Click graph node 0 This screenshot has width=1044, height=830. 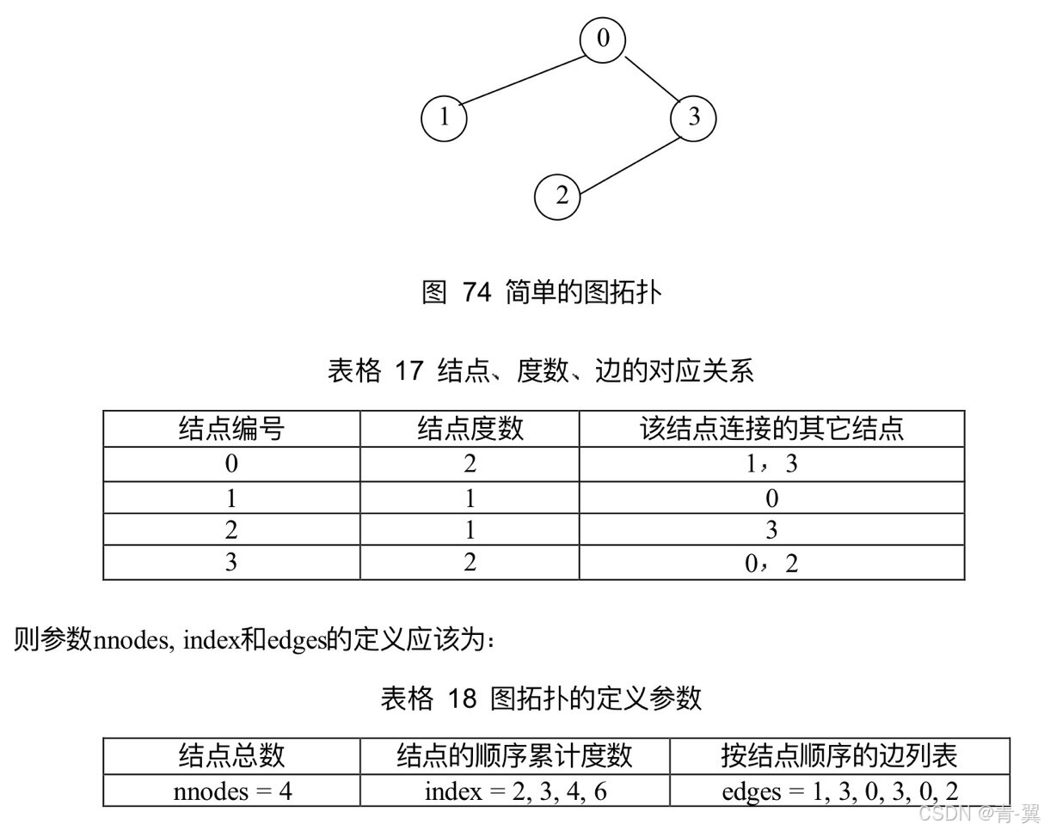point(602,40)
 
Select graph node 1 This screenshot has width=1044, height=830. point(444,118)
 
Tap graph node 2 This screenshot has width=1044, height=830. point(557,197)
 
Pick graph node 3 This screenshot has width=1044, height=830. point(693,117)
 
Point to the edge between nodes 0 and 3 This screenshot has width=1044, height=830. point(648,79)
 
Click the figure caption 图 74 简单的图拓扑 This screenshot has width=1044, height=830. point(541,292)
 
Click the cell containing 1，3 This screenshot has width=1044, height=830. point(771,464)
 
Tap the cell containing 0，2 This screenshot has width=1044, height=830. point(771,563)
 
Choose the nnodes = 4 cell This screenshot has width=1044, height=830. point(232,790)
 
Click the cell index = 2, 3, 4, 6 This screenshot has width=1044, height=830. point(514,790)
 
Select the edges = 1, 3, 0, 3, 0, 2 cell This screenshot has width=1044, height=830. point(839,790)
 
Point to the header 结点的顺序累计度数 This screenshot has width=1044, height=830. point(514,756)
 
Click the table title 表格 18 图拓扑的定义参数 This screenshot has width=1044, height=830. point(541,698)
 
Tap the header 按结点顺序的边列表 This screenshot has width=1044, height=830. point(839,756)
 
